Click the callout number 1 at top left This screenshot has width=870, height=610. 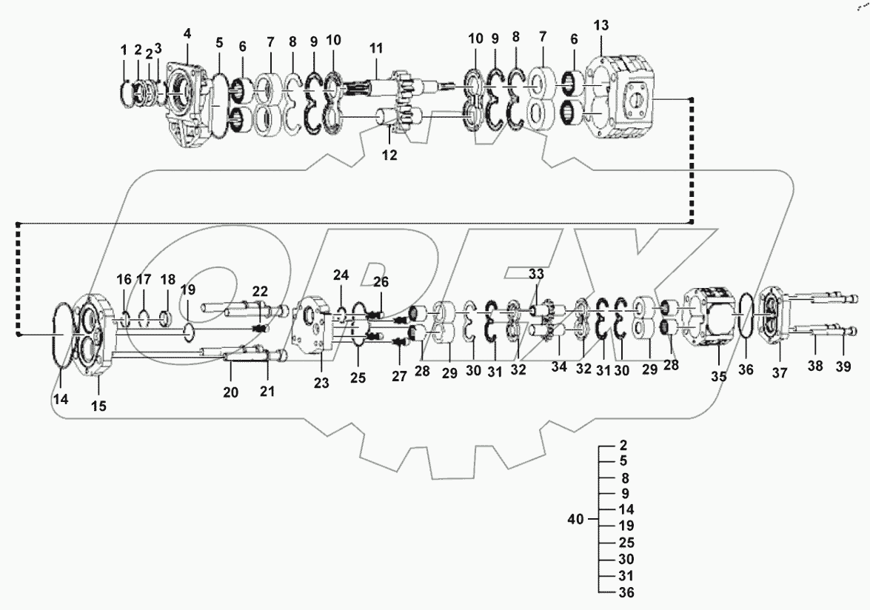coord(124,50)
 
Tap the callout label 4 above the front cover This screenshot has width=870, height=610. coord(187,33)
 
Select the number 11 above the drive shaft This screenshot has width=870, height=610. coord(377,48)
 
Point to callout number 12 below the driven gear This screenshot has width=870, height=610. coord(389,155)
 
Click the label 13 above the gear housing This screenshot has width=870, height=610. coord(600,26)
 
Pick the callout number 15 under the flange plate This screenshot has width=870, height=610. coord(98,405)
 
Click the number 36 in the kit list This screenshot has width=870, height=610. coord(626,592)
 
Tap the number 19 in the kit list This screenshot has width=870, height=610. coord(626,526)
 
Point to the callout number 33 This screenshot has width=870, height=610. coord(536,273)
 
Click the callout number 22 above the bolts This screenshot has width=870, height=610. coord(261,291)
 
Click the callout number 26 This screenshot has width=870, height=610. coord(381,281)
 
